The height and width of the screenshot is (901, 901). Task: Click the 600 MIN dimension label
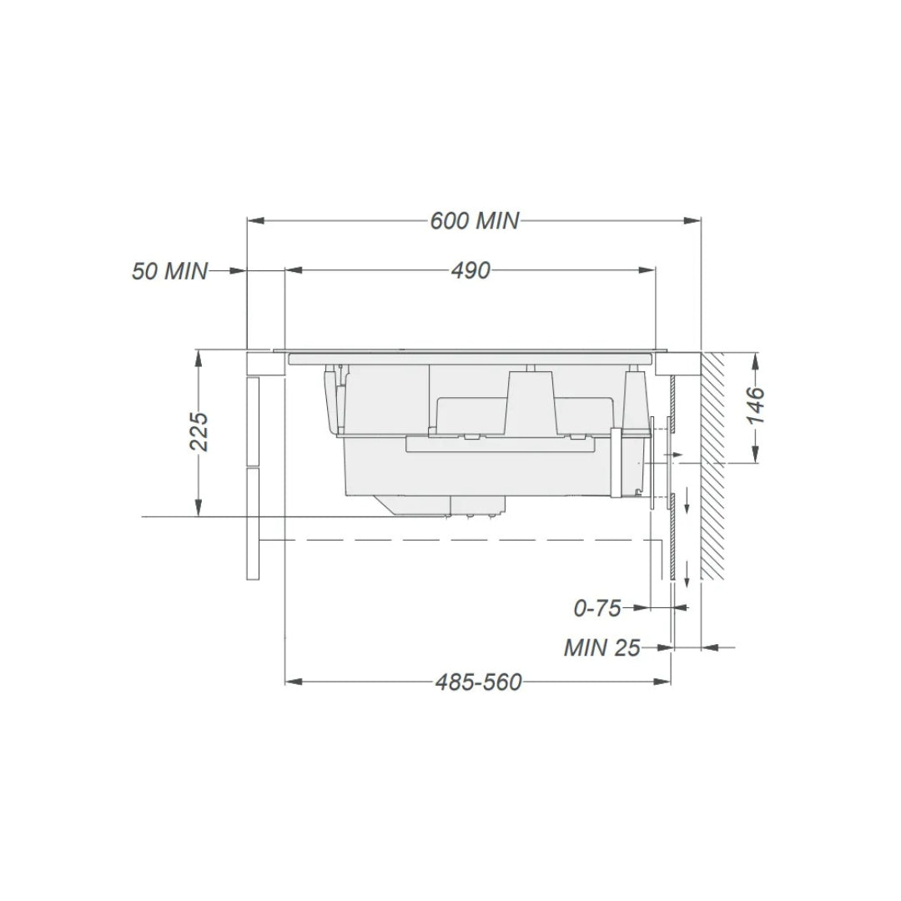pyautogui.click(x=474, y=221)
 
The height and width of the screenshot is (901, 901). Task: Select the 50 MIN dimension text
pyautogui.click(x=169, y=271)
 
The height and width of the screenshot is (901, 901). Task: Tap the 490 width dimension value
pyautogui.click(x=471, y=270)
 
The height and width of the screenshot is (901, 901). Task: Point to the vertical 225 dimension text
pyautogui.click(x=199, y=430)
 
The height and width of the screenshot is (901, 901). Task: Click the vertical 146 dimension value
pyautogui.click(x=755, y=405)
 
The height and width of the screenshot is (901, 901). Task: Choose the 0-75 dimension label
pyautogui.click(x=597, y=609)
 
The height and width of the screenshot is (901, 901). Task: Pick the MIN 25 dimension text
pyautogui.click(x=602, y=647)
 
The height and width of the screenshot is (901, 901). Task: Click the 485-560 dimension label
pyautogui.click(x=478, y=682)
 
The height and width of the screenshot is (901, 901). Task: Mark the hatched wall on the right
pyautogui.click(x=713, y=466)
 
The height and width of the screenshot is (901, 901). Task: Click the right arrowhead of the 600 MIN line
pyautogui.click(x=692, y=221)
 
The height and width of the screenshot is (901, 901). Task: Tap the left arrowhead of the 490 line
pyautogui.click(x=293, y=270)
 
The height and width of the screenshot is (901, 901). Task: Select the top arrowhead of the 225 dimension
pyautogui.click(x=199, y=357)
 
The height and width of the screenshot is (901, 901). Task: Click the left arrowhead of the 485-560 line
pyautogui.click(x=293, y=682)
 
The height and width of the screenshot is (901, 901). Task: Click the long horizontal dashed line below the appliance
pyautogui.click(x=467, y=541)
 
